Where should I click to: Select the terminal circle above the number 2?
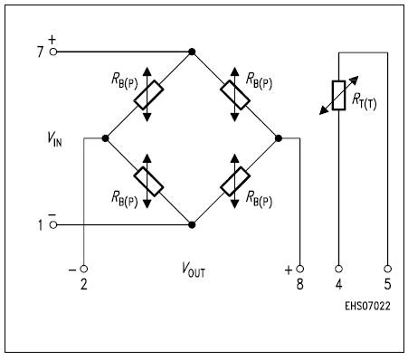(x=83, y=269)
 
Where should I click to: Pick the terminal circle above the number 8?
(x=300, y=269)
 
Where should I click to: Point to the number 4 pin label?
(x=338, y=286)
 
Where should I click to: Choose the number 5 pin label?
(x=388, y=286)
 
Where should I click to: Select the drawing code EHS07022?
(x=366, y=305)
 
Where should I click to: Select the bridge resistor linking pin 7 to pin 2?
(x=148, y=95)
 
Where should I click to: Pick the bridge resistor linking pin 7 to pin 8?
(x=234, y=95)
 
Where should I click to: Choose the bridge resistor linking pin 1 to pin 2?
(x=148, y=182)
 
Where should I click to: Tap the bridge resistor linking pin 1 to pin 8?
(x=234, y=182)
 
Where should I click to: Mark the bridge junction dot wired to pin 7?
(x=192, y=52)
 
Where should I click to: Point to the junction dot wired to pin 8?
(x=279, y=138)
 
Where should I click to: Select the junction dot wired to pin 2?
(x=106, y=138)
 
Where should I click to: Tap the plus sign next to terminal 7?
(x=51, y=40)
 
